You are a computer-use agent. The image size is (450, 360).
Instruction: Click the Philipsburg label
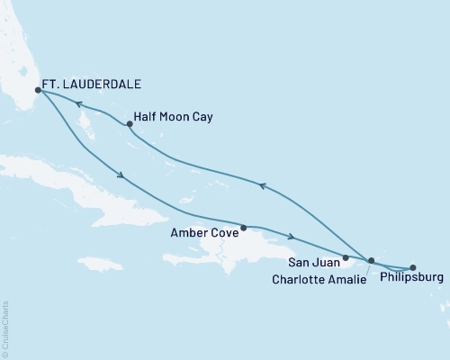click(x=412, y=279)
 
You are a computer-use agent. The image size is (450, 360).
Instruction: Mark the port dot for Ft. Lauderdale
click(x=38, y=90)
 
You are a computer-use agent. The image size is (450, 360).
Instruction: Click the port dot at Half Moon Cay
click(x=130, y=124)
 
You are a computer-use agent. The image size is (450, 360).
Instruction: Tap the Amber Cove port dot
click(x=244, y=227)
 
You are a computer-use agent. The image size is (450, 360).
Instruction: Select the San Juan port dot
click(x=346, y=257)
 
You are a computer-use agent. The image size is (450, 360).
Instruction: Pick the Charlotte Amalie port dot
click(x=371, y=260)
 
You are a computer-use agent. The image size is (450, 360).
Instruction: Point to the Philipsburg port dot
click(x=413, y=265)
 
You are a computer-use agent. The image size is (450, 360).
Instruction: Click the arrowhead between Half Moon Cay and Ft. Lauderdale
click(x=78, y=104)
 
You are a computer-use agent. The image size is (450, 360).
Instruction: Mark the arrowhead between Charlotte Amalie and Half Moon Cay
click(x=262, y=185)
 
